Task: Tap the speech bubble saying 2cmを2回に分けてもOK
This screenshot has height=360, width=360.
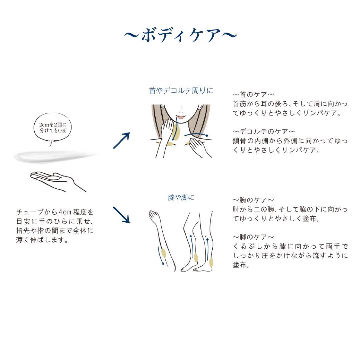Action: tap(51, 128)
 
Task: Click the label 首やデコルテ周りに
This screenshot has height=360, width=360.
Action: tap(181, 91)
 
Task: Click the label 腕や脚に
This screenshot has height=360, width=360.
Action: tap(181, 198)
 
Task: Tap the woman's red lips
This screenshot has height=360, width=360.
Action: tap(181, 117)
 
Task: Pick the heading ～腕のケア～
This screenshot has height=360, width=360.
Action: tap(253, 200)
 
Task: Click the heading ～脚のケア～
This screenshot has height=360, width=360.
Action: tap(253, 237)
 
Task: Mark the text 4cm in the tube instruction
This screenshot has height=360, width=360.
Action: tap(64, 212)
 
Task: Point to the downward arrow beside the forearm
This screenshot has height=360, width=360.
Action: tap(161, 256)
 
